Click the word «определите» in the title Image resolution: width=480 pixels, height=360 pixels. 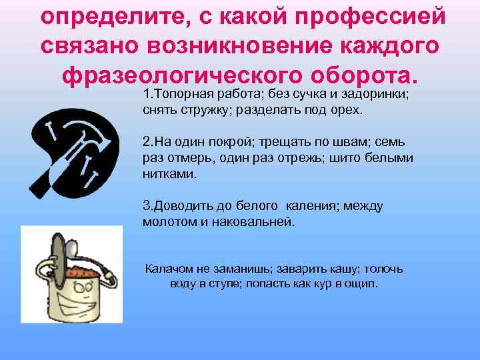(111, 18)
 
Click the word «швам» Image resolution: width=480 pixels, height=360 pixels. (355, 143)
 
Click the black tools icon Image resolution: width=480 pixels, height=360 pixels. (75, 151)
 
